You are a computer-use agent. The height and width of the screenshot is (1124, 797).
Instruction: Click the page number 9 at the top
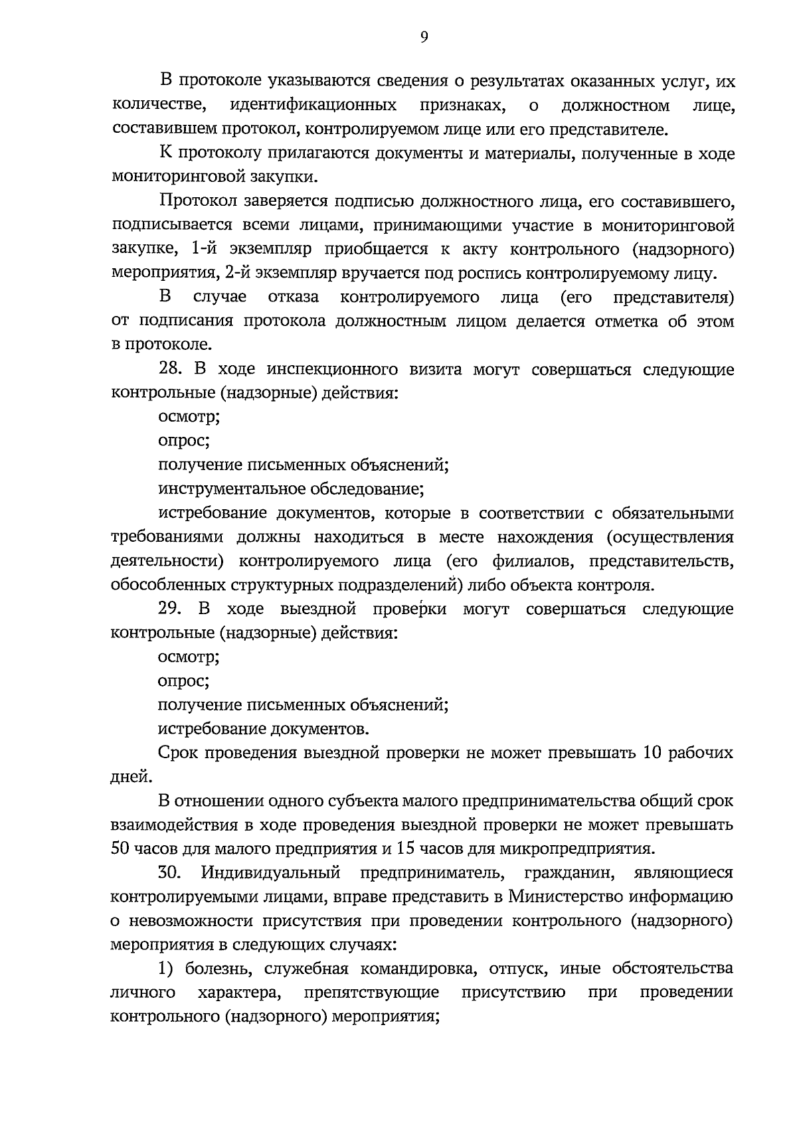424,38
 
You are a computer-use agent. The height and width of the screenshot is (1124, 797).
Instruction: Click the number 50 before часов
122,848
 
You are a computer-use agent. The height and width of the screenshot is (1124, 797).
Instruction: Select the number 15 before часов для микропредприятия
404,848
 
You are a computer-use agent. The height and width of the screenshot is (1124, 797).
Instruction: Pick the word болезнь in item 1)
219,968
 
